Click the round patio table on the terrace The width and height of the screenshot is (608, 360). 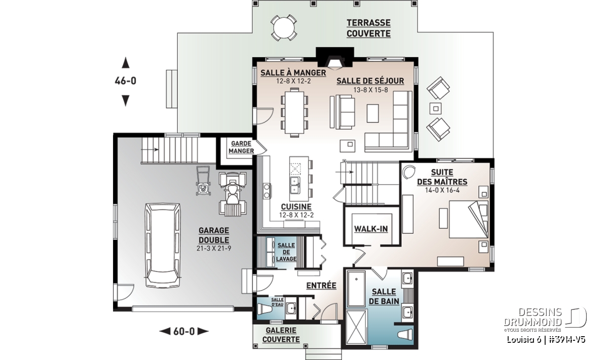tap(284, 28)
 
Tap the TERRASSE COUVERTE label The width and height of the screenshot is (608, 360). tap(368, 28)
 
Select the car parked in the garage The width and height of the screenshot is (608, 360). tap(163, 245)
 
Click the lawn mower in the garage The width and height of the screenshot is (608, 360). tap(203, 181)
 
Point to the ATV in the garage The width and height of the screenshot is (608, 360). tap(233, 193)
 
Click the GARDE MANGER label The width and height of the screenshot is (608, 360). tap(241, 147)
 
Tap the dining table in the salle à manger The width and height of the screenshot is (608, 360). tap(294, 112)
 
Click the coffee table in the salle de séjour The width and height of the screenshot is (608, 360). tap(373, 113)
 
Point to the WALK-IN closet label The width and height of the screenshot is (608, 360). tap(371, 229)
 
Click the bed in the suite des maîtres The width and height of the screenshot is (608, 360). tap(469, 219)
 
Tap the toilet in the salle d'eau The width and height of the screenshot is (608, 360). tap(264, 310)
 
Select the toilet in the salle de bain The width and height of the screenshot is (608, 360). tap(405, 334)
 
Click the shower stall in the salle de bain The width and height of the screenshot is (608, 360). tap(357, 328)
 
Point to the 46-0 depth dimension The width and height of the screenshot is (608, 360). tap(126, 81)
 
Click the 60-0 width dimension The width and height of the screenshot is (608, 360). tap(184, 331)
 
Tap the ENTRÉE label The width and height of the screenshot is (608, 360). tap(321, 286)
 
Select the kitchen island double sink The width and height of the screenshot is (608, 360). tap(295, 185)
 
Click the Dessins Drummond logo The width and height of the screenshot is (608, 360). tap(545, 319)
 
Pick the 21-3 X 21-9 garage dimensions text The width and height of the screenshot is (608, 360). tap(214, 248)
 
